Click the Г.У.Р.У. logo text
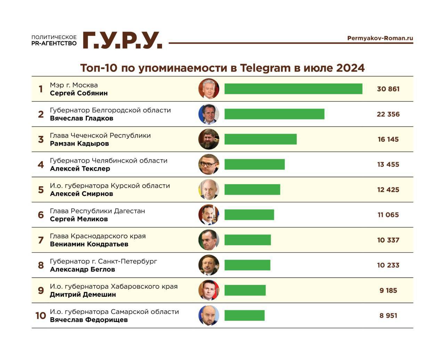tap(122, 40)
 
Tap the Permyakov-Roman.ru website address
tap(380, 38)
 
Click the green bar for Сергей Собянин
tap(293, 89)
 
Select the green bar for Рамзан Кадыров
tap(260, 139)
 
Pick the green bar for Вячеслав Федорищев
tap(244, 316)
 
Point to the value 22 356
tap(388, 114)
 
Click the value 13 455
tap(388, 165)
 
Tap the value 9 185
tap(388, 291)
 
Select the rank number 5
tap(41, 190)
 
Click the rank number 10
tap(41, 316)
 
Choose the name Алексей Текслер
tap(80, 169)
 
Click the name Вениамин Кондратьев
tap(89, 244)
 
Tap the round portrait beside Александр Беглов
tap(209, 265)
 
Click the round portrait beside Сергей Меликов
tap(209, 215)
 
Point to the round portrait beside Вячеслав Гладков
tap(209, 114)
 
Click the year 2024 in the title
tap(350, 68)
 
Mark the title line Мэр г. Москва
tap(74, 85)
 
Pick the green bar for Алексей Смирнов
tap(252, 190)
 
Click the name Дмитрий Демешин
tap(83, 295)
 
